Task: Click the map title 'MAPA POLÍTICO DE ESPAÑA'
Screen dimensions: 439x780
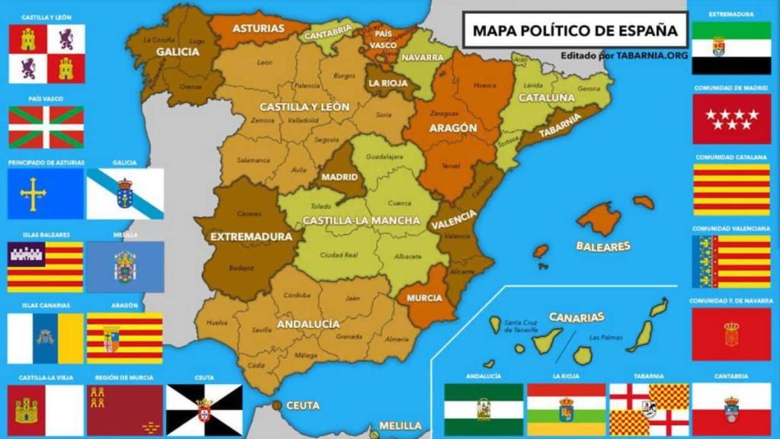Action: click(574, 30)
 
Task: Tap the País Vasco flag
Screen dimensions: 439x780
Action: click(46, 127)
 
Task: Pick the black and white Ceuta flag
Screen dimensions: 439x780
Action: click(203, 409)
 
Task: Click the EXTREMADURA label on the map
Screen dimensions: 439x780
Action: click(251, 236)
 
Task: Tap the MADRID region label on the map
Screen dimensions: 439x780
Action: click(340, 177)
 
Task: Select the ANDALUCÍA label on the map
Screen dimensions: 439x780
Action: click(308, 324)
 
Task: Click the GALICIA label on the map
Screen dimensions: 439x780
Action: click(177, 52)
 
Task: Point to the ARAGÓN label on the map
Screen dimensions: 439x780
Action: click(453, 128)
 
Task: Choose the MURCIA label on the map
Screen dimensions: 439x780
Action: click(424, 297)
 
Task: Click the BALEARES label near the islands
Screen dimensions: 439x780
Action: click(603, 246)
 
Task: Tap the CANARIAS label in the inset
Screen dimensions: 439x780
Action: click(577, 317)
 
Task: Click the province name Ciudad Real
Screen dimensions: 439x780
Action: click(339, 255)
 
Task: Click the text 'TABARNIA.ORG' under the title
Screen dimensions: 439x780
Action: click(654, 56)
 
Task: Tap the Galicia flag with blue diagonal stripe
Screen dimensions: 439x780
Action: click(125, 194)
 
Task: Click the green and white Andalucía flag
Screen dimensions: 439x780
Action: click(484, 409)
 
